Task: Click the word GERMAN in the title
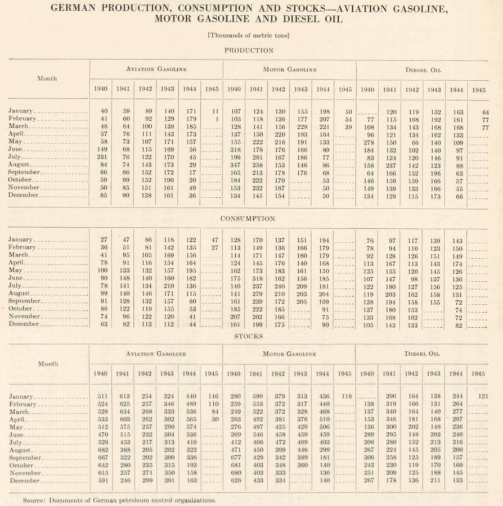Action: coord(73,8)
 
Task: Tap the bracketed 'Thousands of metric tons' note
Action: coord(248,35)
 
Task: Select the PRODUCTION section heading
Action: coord(249,50)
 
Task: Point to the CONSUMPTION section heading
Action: coord(248,218)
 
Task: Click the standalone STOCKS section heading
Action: coord(248,336)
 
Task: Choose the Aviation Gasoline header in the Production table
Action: coord(156,69)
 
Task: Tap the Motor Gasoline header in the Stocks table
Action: coord(289,354)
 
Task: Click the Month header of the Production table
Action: coord(47,78)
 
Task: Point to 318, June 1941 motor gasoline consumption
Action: coord(256,278)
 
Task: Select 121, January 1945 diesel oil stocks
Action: coord(482,396)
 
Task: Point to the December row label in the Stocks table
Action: coord(24,481)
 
